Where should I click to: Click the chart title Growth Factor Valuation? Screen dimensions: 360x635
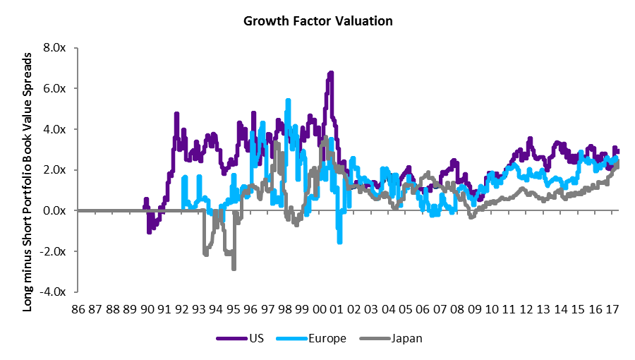point(317,21)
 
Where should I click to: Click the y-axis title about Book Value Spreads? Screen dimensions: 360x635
point(28,170)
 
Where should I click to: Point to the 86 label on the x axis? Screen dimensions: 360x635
point(78,310)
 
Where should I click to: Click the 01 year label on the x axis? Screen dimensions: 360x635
point(337,310)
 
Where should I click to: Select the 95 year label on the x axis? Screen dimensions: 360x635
point(234,310)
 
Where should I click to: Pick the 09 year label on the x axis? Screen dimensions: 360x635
point(473,310)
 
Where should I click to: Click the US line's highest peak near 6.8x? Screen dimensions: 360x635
point(330,73)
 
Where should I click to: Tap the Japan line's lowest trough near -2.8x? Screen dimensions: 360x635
point(234,268)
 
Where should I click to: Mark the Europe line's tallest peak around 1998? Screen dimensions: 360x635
point(288,101)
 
